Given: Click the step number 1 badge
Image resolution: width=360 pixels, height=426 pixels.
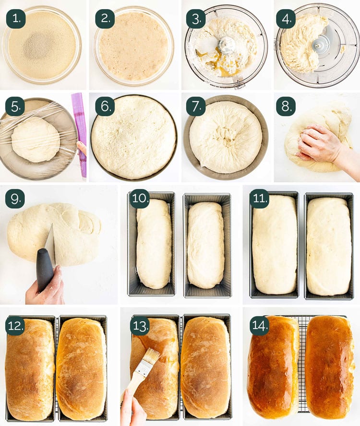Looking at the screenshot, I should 15,19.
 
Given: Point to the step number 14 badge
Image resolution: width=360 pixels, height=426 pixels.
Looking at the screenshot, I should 259,325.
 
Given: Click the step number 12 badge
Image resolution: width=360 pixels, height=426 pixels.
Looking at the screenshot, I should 15,325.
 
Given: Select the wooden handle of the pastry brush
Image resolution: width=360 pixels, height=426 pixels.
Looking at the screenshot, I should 137,381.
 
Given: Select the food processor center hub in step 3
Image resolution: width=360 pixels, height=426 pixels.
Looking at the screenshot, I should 228,45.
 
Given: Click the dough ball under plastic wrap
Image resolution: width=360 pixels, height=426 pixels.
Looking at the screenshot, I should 36,139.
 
